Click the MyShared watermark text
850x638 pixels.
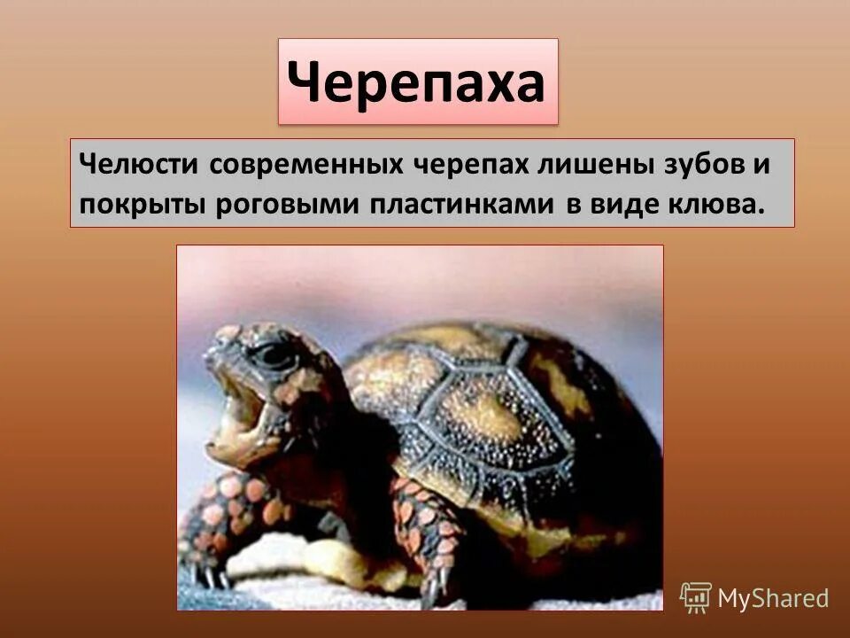coord(773,598)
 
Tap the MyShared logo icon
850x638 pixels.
coord(696,597)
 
